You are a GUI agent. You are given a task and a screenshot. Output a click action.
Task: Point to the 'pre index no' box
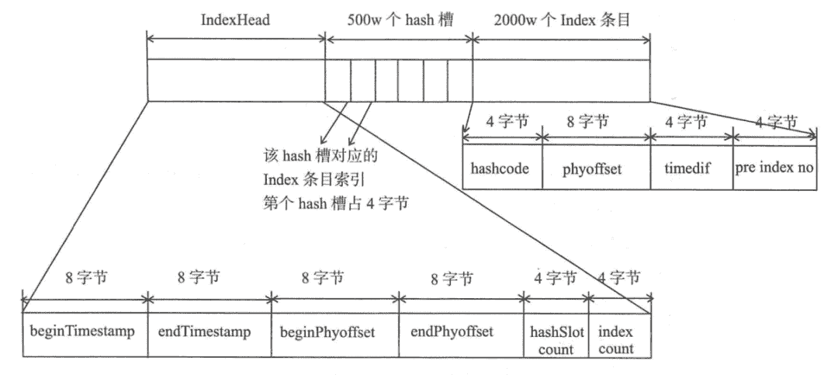pos(774,167)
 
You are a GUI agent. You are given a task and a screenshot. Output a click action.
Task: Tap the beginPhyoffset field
pos(334,333)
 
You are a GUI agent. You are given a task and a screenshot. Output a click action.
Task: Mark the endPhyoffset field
pos(461,333)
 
